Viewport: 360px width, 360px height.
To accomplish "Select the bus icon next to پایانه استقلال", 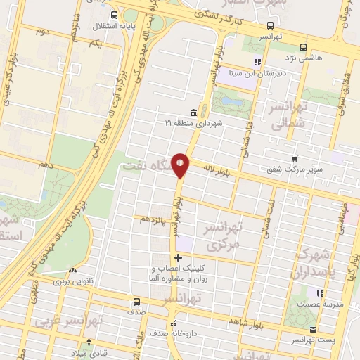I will click(115, 14).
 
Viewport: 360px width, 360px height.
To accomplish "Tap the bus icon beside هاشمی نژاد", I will click(302, 47).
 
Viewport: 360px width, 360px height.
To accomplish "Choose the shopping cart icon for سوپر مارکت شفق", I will click(294, 159).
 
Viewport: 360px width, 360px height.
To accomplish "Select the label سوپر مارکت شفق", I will click(295, 169).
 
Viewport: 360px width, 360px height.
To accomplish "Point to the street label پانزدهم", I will click(154, 220).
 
